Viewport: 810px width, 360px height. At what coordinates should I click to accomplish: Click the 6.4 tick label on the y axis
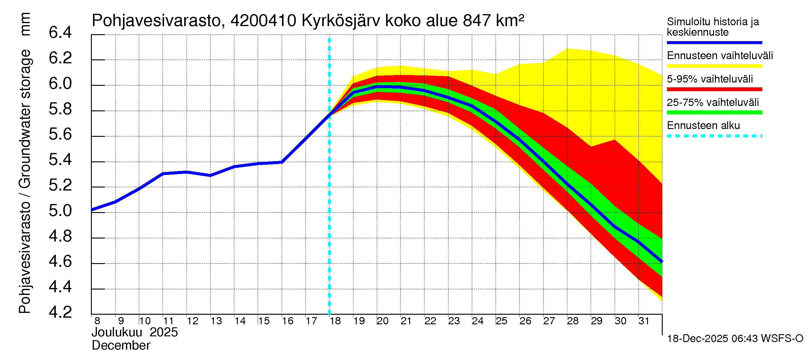[x=60, y=33]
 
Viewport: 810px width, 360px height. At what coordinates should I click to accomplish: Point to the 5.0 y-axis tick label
[x=60, y=211]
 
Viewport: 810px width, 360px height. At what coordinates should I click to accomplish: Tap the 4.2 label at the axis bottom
[x=60, y=312]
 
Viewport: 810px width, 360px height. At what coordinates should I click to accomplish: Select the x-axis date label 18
[x=335, y=321]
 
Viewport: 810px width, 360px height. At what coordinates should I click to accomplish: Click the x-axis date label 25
[x=502, y=321]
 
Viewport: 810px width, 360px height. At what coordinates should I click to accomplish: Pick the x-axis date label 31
[x=644, y=321]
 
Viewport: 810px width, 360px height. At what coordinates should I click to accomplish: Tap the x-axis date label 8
[x=97, y=321]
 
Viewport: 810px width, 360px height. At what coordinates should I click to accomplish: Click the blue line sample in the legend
[x=714, y=42]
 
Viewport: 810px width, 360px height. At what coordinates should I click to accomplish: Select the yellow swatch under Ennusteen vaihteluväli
[x=714, y=66]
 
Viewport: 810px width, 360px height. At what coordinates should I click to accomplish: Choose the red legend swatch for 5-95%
[x=714, y=89]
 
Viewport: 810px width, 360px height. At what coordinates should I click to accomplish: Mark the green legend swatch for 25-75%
[x=714, y=112]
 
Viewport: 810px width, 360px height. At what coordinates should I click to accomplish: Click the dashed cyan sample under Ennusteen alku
[x=714, y=136]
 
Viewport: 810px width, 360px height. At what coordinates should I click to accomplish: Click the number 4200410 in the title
[x=263, y=21]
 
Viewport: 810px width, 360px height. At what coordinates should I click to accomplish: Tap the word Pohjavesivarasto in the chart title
[x=157, y=21]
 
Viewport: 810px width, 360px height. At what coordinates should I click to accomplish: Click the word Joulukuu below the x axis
[x=117, y=332]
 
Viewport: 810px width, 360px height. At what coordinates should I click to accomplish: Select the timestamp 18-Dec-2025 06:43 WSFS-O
[x=735, y=339]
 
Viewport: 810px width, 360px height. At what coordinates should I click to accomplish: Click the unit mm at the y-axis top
[x=25, y=24]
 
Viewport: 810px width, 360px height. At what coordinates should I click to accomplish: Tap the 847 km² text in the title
[x=493, y=21]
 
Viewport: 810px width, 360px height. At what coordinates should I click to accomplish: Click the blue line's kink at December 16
[x=282, y=162]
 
